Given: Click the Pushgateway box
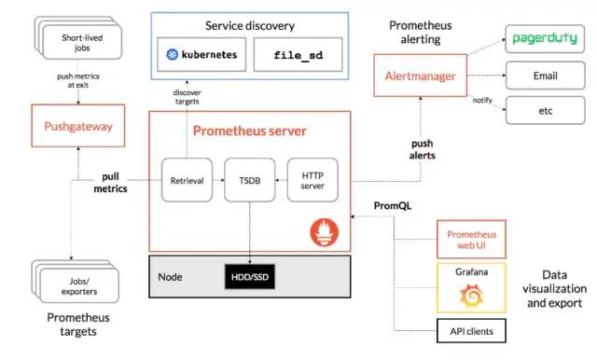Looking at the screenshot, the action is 78,126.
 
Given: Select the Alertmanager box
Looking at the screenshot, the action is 421,76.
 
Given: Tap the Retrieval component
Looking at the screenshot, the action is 187,180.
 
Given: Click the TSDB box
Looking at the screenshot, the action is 250,180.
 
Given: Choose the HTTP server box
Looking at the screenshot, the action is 312,180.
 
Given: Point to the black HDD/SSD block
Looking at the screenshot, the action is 250,277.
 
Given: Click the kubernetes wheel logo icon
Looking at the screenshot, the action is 172,54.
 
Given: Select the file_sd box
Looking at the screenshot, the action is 298,54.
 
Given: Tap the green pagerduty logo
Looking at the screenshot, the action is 545,38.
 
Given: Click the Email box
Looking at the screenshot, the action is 545,76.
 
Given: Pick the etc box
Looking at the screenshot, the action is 545,110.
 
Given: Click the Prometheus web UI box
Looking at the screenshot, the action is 471,240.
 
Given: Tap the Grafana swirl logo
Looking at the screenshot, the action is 471,296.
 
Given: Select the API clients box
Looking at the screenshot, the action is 471,331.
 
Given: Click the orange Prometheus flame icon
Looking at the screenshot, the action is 324,232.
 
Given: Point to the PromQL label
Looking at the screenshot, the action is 393,206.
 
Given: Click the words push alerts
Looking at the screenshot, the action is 423,149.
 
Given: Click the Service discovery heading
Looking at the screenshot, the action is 250,26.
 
